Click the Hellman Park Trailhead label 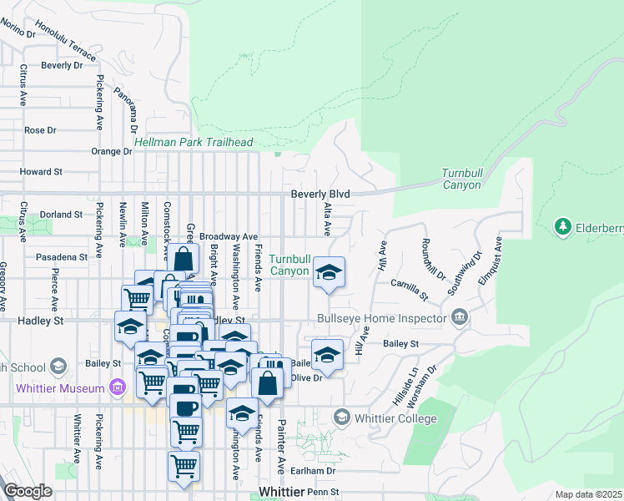199,143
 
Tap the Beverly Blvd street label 320,194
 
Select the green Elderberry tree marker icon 563,226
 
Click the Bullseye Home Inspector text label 382,318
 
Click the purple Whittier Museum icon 118,388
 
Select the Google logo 28,491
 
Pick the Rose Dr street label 40,130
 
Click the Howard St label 41,171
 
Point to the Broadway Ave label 228,236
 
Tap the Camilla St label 409,290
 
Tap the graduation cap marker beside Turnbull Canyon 329,272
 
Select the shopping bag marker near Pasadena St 186,257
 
